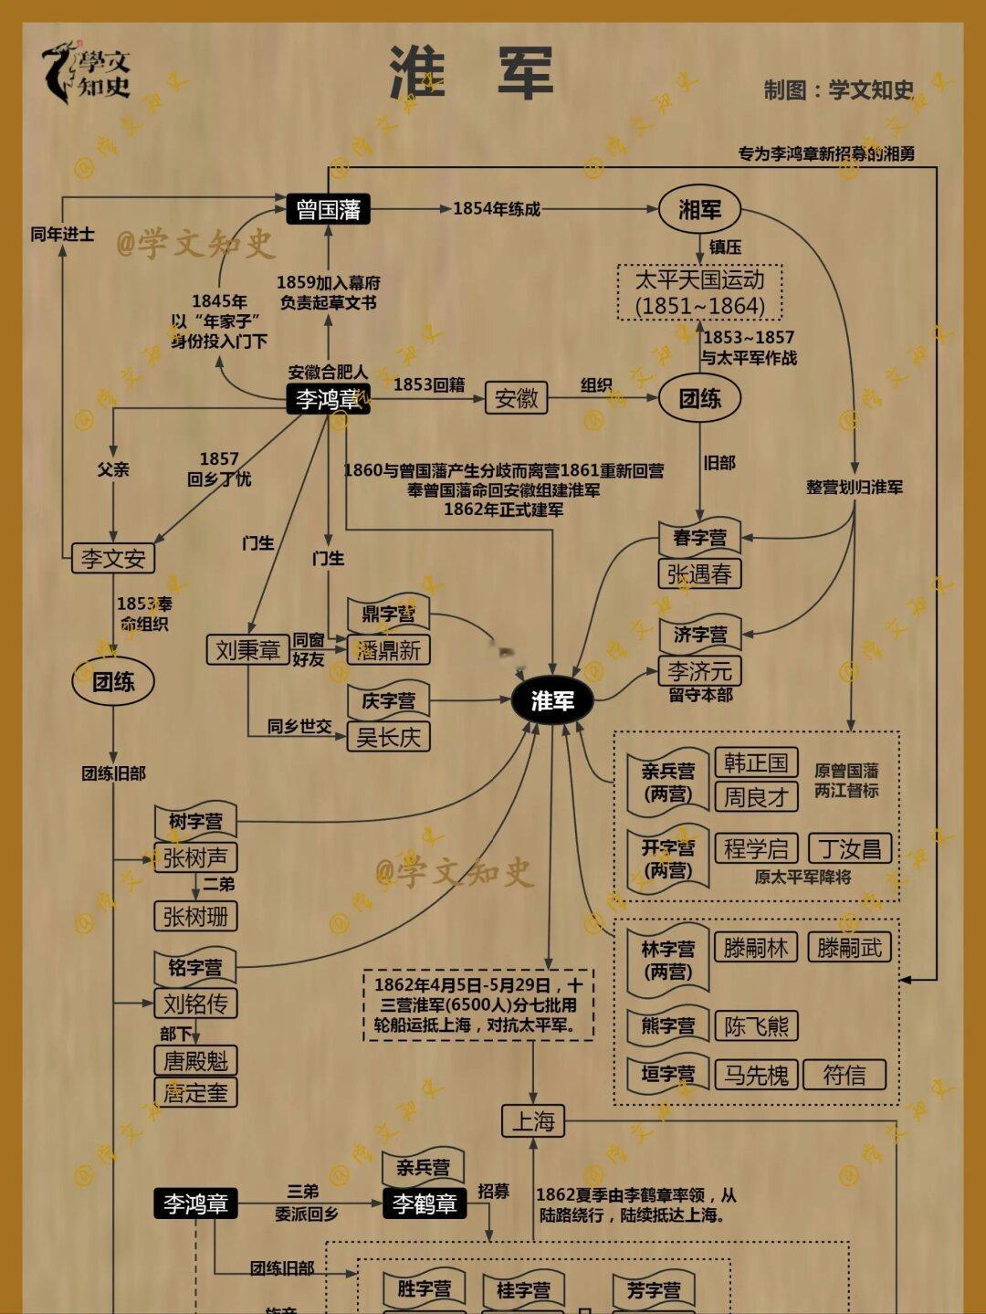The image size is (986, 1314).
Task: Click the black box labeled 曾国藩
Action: coord(328,210)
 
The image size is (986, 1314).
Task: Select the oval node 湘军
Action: coord(699,210)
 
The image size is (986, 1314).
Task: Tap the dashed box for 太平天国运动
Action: coord(700,292)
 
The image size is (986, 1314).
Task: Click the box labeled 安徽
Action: coord(516,398)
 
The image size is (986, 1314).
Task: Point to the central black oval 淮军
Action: coord(552,700)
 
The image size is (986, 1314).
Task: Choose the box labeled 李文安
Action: coord(113,558)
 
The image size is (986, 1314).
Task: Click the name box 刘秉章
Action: coord(247,650)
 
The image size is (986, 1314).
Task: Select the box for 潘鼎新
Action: coord(388,650)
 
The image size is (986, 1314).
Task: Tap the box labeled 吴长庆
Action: coord(388,737)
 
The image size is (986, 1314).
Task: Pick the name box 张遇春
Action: coord(699,573)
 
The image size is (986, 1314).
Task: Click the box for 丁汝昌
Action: coord(849,848)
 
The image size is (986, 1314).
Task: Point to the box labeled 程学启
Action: coord(756,848)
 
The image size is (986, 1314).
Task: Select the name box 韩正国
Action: coord(756,762)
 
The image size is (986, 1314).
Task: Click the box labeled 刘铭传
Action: coord(195,1004)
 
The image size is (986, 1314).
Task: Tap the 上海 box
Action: coord(533,1120)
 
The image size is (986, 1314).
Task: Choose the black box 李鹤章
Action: coord(425,1204)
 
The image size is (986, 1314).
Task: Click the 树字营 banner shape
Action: coord(195,821)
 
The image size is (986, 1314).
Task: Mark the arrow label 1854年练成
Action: coord(497,209)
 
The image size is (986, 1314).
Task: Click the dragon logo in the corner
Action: coord(59,71)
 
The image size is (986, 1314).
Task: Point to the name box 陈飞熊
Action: coord(756,1025)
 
